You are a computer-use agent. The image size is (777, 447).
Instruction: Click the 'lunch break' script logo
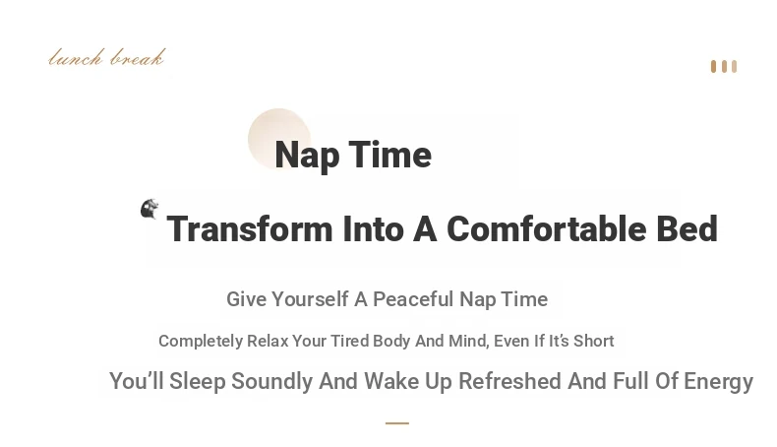tap(106, 57)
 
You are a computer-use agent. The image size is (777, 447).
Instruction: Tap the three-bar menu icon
tap(724, 67)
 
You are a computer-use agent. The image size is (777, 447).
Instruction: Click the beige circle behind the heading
tap(279, 140)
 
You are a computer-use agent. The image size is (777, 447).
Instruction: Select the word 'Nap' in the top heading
tap(307, 156)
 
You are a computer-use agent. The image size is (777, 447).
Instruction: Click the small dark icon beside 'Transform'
tap(149, 209)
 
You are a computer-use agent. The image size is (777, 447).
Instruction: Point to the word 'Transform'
tap(250, 229)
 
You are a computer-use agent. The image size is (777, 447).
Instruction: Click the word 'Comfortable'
tap(546, 229)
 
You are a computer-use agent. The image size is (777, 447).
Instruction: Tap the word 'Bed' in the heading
tap(687, 229)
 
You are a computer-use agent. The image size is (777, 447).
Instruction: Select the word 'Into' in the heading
tap(373, 229)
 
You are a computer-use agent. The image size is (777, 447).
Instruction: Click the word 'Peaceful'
tap(413, 299)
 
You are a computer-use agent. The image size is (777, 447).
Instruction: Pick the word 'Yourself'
tap(310, 299)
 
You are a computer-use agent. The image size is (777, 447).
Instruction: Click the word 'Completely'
tap(201, 342)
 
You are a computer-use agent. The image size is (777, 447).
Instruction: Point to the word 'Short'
tap(594, 341)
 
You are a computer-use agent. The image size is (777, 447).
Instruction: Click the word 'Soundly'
tap(272, 381)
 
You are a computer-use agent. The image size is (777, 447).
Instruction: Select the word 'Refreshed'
tap(509, 381)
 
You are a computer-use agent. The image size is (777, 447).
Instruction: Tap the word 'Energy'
tap(719, 382)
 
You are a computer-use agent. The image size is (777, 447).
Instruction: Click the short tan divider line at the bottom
tap(397, 423)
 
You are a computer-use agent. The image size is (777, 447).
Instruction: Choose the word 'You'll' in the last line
tap(137, 381)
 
